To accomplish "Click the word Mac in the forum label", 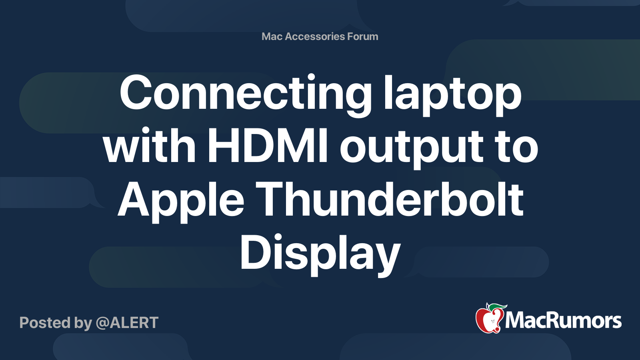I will point(272,36).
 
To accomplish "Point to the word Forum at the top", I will point(362,36).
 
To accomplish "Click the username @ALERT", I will point(127,323).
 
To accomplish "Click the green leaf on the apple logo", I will point(498,307).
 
